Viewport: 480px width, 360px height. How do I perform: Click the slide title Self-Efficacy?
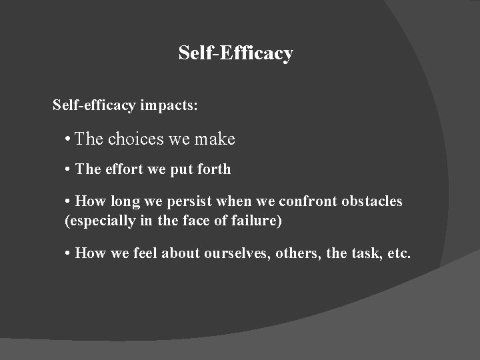(235, 53)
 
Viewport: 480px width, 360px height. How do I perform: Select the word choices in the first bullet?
(135, 139)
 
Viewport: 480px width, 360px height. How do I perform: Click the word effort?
(123, 169)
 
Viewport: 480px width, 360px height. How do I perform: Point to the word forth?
(214, 169)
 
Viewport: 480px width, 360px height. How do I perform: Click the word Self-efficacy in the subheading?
(94, 105)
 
